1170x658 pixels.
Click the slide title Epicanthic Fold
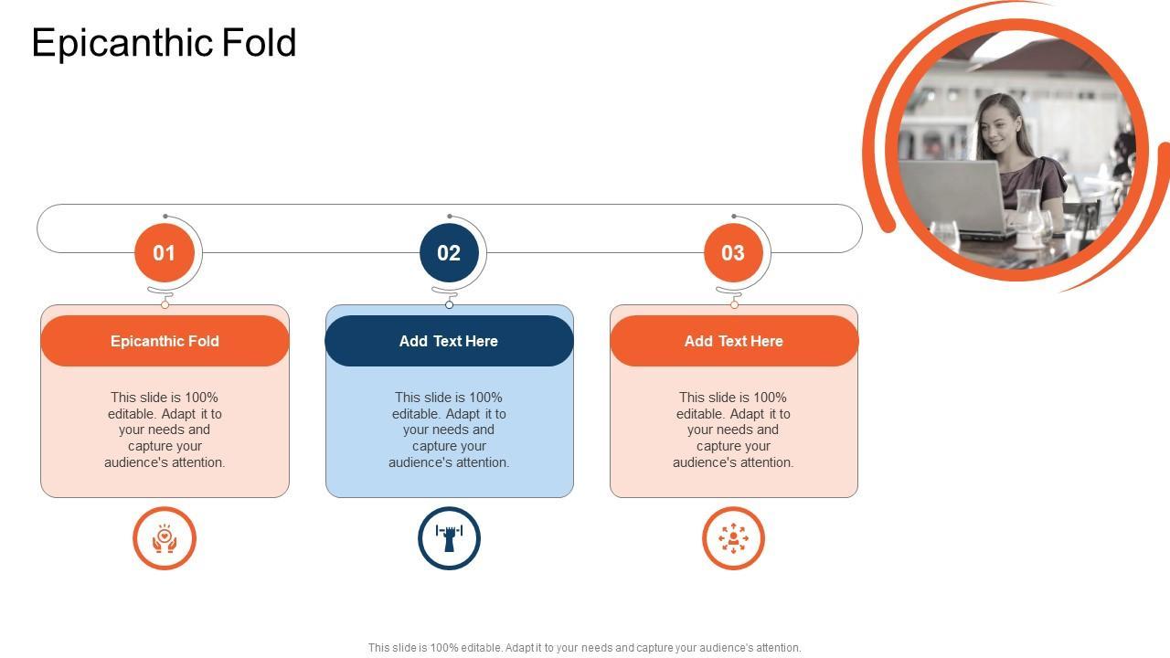tap(164, 43)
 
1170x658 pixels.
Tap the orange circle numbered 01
tap(165, 253)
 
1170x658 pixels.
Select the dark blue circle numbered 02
tap(449, 253)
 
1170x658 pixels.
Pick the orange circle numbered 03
tap(733, 253)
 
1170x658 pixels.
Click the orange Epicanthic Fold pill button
tap(165, 341)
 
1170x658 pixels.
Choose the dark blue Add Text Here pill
tap(449, 341)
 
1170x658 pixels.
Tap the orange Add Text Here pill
tap(734, 341)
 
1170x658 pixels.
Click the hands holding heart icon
tap(165, 538)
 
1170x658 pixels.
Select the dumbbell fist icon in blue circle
tap(449, 538)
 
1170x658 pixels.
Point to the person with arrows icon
tap(733, 538)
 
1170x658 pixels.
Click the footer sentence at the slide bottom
tap(584, 648)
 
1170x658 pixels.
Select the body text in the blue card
tap(449, 430)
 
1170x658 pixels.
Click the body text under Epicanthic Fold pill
tap(165, 430)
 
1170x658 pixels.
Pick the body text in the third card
tap(733, 430)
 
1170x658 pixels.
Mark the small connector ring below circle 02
tap(449, 304)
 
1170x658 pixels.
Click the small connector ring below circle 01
tap(165, 304)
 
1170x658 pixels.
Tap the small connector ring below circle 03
tap(734, 304)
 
